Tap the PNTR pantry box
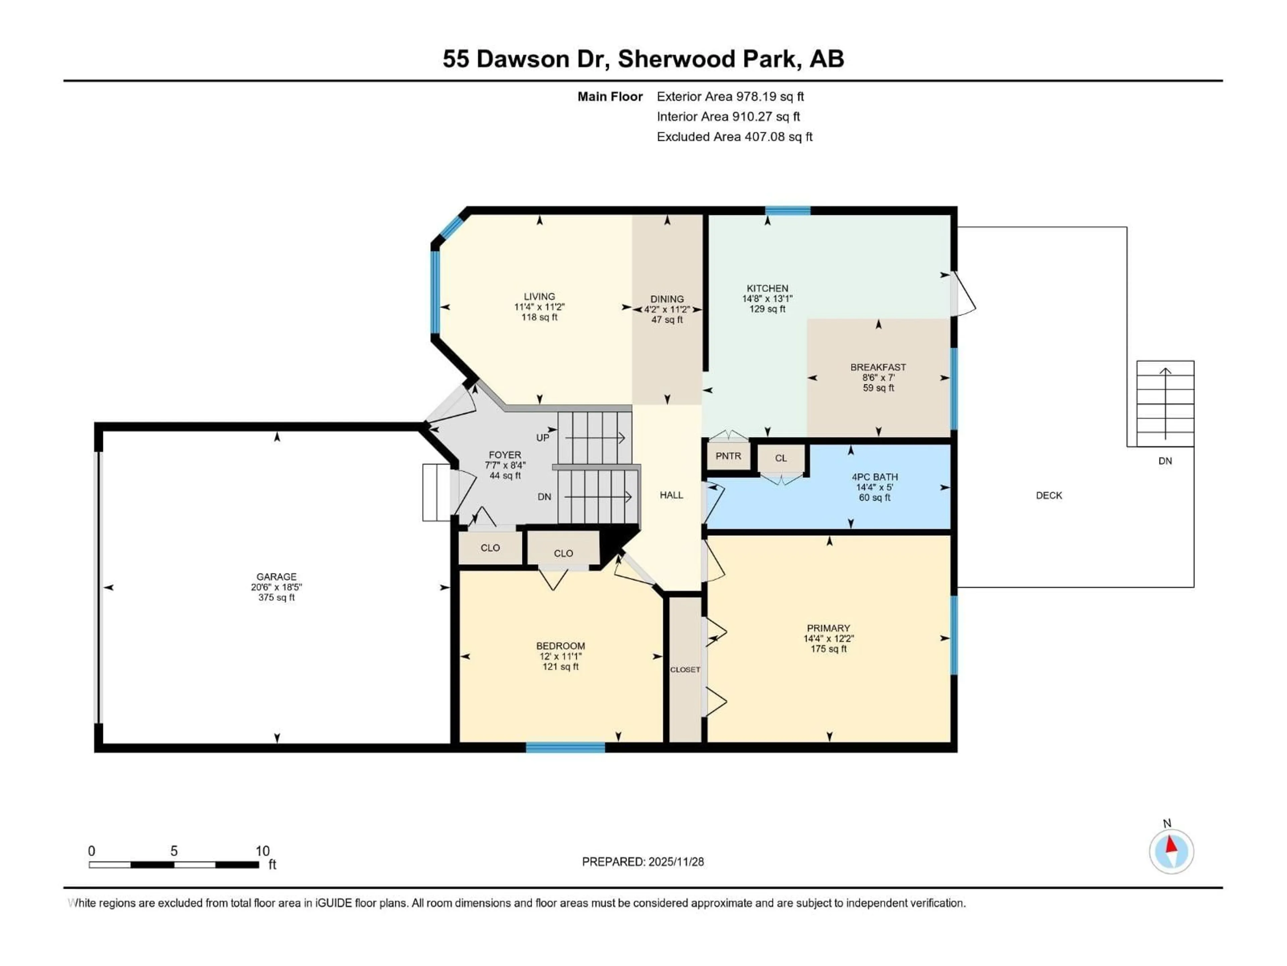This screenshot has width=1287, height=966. (728, 456)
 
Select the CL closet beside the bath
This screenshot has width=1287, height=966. (781, 458)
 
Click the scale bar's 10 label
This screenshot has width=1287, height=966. (262, 851)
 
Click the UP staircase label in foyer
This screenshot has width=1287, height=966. (542, 438)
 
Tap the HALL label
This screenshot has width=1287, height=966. (671, 495)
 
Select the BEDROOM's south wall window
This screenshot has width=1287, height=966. (565, 748)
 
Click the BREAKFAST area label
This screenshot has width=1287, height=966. (878, 367)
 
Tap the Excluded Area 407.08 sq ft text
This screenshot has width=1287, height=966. (734, 137)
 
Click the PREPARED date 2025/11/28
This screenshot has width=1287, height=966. (642, 862)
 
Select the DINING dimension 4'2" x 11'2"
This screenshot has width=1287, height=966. (667, 310)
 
